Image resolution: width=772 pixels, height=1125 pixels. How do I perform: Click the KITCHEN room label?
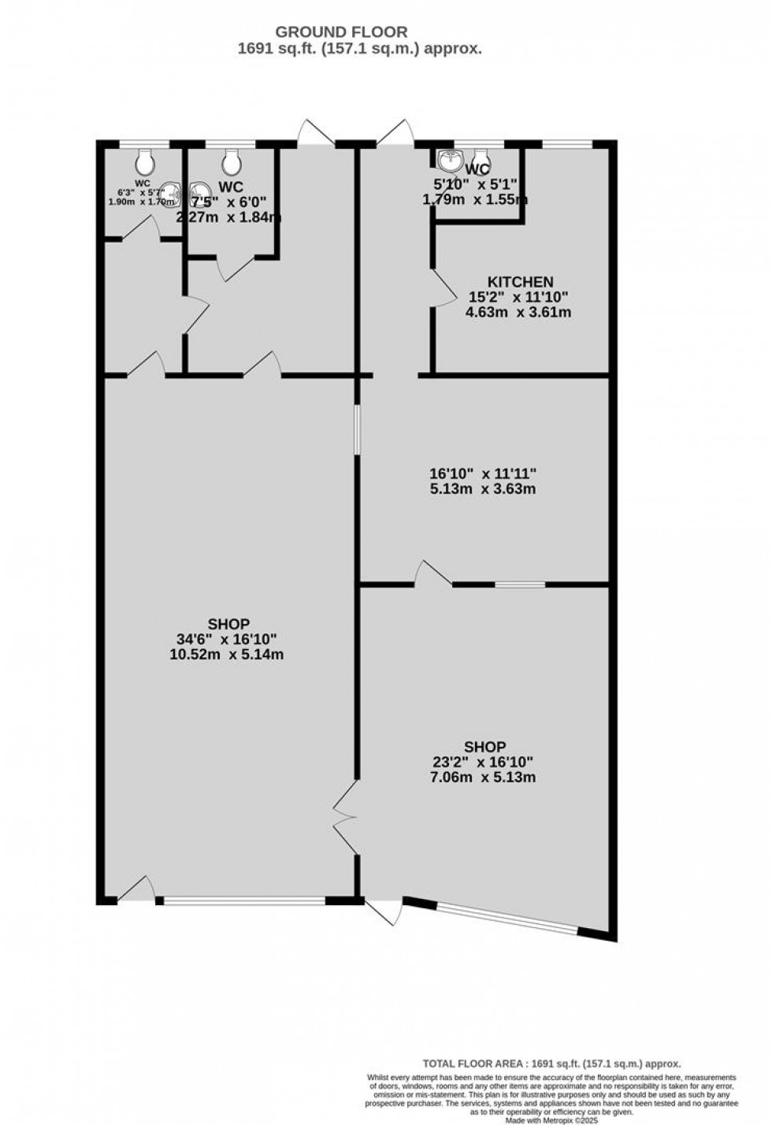[520, 282]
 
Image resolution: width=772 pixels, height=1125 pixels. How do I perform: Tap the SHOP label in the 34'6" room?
[228, 624]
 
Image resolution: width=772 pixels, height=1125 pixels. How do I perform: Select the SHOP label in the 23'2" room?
[484, 747]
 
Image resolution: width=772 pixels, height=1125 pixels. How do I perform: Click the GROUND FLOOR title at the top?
[340, 32]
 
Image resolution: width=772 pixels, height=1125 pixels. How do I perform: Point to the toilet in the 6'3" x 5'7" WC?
[144, 163]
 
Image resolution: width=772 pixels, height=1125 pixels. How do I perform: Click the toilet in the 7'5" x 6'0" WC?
[231, 163]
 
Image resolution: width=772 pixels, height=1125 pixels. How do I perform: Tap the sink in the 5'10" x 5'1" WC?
[451, 161]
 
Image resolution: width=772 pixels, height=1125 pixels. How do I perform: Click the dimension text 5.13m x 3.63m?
[482, 489]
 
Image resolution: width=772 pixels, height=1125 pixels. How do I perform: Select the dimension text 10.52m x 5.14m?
[227, 655]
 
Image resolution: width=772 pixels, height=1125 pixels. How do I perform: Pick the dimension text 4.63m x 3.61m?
[518, 312]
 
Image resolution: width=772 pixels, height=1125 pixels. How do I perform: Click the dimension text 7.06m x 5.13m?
[484, 778]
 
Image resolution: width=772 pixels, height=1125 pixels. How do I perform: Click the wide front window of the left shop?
[244, 900]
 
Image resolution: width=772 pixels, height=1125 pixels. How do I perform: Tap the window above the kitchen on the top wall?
[567, 144]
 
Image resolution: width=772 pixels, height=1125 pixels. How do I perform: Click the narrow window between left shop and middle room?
[357, 429]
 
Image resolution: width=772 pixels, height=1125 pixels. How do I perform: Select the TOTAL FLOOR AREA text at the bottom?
[551, 1063]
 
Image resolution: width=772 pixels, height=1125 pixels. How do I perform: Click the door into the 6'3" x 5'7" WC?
[142, 228]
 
